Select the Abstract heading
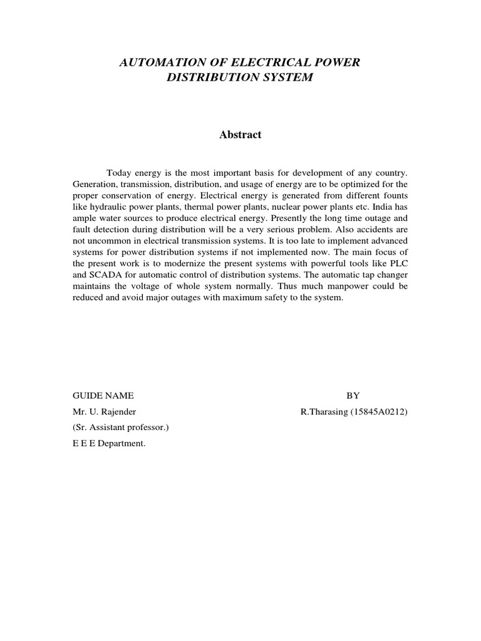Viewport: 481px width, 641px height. click(240, 135)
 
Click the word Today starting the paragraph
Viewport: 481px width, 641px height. click(119, 172)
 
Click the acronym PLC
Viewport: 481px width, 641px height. click(399, 264)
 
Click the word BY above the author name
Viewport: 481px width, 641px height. click(353, 395)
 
